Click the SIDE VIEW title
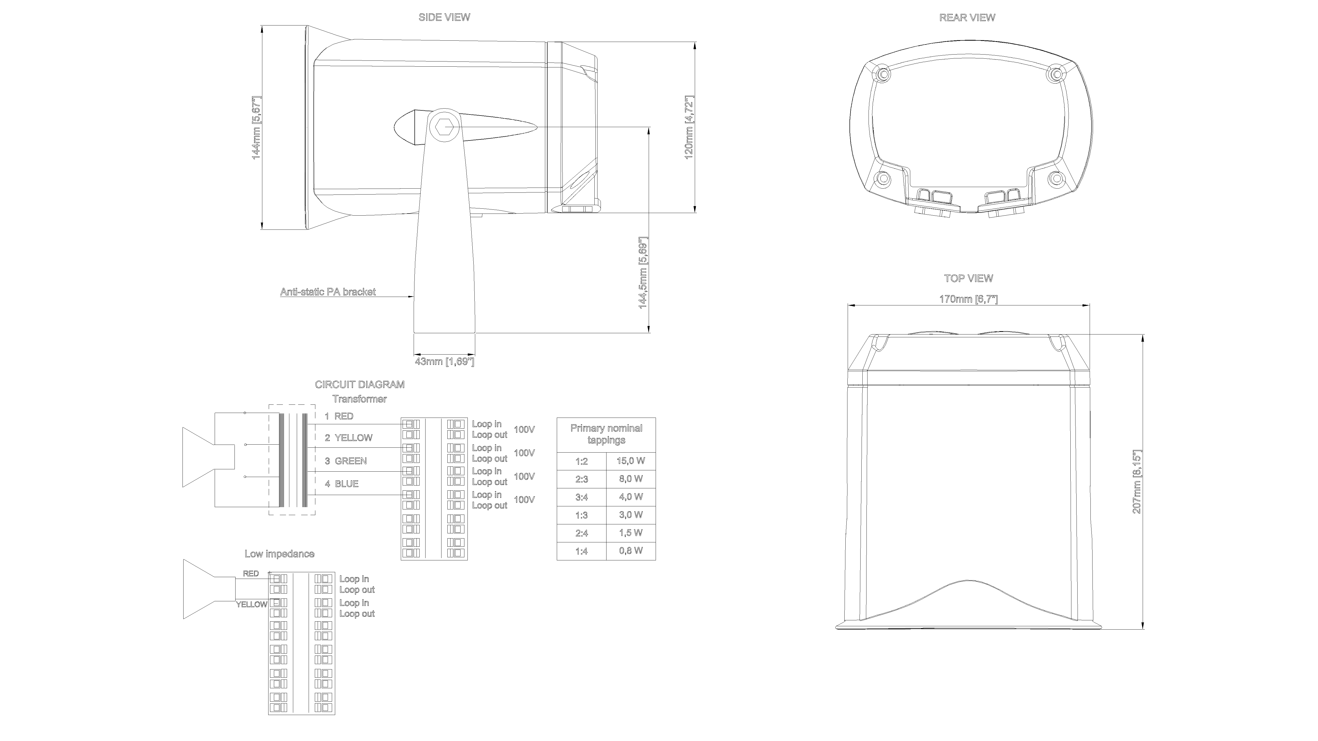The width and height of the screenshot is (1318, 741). pos(444,17)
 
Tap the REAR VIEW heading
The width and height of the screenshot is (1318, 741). pos(967,17)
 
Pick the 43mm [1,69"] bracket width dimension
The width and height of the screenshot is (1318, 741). pos(445,361)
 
